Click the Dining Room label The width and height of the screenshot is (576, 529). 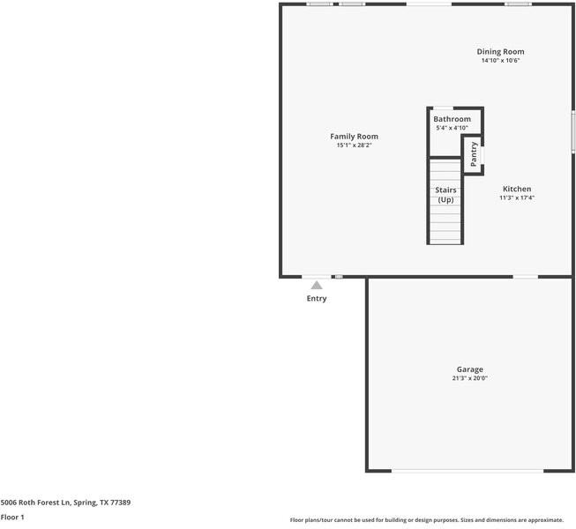coord(500,52)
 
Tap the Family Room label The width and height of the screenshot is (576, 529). coord(354,137)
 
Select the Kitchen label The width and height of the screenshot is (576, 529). coord(517,189)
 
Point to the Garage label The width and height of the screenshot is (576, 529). coord(469,369)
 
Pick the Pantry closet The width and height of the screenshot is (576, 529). coord(474,153)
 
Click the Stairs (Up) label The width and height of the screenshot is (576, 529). coord(445,195)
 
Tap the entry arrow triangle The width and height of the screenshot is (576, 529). coord(317,285)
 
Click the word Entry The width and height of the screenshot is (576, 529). coord(317,298)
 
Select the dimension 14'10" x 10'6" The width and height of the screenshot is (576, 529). coord(500,61)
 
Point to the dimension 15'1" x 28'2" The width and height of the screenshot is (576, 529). coord(354,145)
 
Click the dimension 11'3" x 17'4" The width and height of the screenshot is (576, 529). coord(517,197)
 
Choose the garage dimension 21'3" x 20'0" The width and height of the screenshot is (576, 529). coord(469,378)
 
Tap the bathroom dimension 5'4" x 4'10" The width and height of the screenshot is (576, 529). coord(452,128)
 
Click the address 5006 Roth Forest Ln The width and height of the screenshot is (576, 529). coord(65,502)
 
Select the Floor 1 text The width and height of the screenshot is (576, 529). coord(12,517)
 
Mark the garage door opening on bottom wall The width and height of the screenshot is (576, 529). coord(468,471)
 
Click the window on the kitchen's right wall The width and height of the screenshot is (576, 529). coord(572,132)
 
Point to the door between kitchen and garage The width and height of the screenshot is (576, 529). coord(526,277)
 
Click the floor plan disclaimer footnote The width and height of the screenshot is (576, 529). coord(432,520)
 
